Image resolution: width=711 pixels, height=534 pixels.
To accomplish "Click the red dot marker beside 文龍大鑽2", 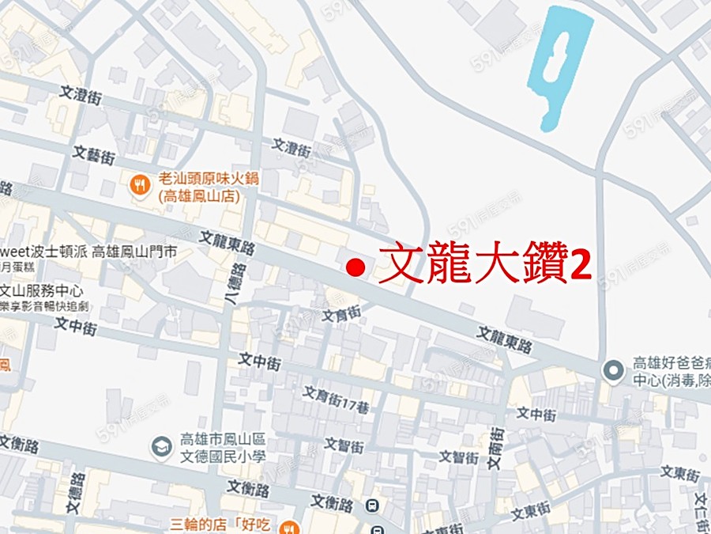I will (x=356, y=268).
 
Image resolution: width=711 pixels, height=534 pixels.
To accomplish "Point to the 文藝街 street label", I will (x=94, y=153).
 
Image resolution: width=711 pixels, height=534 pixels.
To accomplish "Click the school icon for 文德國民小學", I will (x=161, y=448).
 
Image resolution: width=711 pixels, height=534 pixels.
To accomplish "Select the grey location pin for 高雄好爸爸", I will (x=612, y=369).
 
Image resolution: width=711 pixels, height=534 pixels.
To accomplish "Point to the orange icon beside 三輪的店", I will (x=290, y=526).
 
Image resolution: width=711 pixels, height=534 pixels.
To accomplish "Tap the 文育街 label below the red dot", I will (x=341, y=316).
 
